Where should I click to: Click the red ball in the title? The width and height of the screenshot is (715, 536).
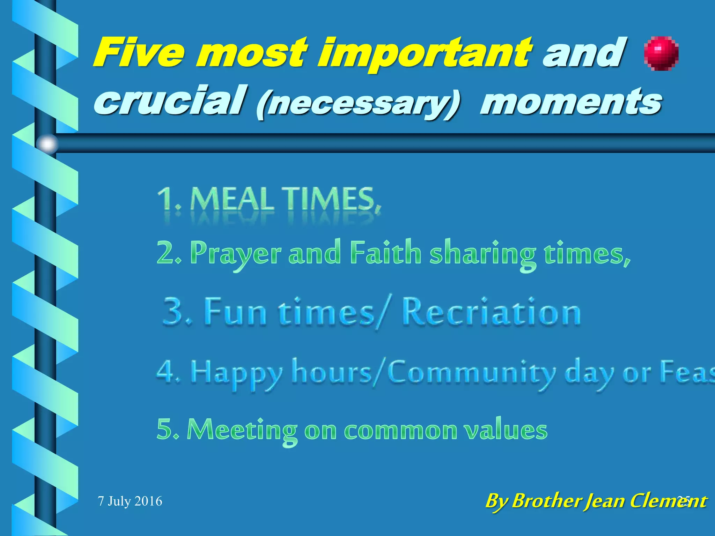pos(661,54)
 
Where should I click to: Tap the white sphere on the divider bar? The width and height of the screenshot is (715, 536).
pos(47,144)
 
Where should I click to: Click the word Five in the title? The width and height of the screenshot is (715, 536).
pos(138,53)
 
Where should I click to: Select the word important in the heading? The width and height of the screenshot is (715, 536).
pos(425,55)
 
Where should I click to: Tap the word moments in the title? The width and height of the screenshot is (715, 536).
pos(570,102)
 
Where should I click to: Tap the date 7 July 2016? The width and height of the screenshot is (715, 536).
pos(130,501)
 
